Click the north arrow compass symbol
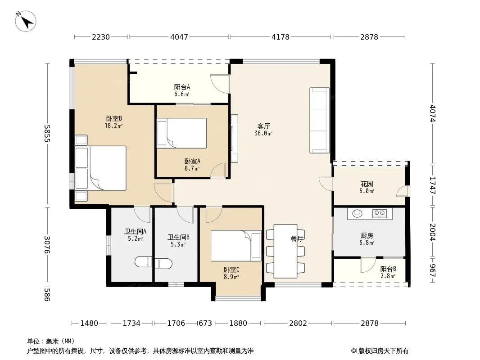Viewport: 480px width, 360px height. (26, 22)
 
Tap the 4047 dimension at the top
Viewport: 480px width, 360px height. (179, 37)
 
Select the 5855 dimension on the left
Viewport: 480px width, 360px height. (47, 133)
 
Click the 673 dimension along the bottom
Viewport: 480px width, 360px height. (205, 323)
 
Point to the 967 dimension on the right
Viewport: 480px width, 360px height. (432, 270)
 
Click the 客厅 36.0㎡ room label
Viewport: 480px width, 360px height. (263, 130)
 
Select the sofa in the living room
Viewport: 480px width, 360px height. (320, 120)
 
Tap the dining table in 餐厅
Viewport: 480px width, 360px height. (285, 251)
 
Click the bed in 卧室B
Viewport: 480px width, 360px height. (101, 168)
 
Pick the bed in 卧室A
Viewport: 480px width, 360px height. (181, 133)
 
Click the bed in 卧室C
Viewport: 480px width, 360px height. (236, 246)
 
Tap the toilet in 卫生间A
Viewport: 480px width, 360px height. (144, 262)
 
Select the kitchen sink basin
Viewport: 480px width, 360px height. (357, 213)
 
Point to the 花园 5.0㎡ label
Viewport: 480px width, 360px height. (367, 187)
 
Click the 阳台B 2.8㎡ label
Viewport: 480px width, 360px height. (388, 272)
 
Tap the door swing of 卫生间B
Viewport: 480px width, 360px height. (185, 215)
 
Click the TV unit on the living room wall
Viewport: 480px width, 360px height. (234, 138)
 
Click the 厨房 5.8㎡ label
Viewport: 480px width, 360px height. (367, 239)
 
